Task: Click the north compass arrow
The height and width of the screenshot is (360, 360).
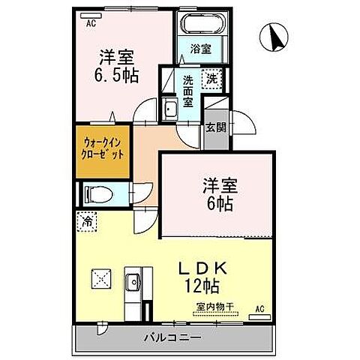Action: (x=275, y=34)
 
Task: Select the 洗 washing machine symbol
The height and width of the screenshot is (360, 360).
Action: (x=212, y=77)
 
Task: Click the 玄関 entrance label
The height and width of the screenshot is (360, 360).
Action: (x=215, y=127)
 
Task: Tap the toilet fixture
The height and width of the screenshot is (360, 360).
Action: (x=98, y=194)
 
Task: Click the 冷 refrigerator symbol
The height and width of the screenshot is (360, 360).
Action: (x=87, y=223)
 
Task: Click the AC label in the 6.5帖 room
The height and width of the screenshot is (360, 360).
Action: (x=91, y=23)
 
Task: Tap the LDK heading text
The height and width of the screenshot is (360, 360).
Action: (x=202, y=267)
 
